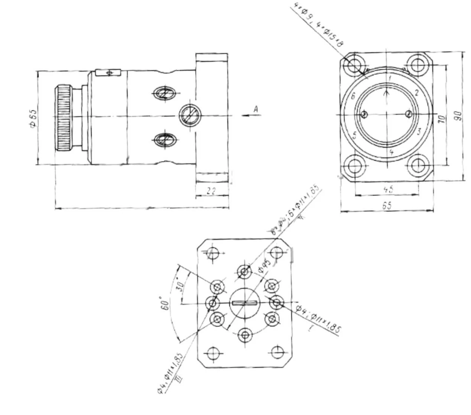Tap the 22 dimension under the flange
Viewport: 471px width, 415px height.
pyautogui.click(x=211, y=191)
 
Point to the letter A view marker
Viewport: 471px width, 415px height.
pyautogui.click(x=256, y=109)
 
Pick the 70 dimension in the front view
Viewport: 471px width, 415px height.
pyautogui.click(x=442, y=120)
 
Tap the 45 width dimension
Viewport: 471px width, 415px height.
pyautogui.click(x=388, y=189)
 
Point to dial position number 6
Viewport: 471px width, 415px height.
pyautogui.click(x=353, y=96)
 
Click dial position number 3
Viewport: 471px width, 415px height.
pyautogui.click(x=419, y=131)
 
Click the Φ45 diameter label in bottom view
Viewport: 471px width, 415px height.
pyautogui.click(x=265, y=265)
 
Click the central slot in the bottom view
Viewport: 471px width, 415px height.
pyautogui.click(x=245, y=303)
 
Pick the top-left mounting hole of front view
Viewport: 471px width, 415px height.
pyautogui.click(x=355, y=65)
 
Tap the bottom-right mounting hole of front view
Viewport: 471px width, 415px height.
pyautogui.click(x=419, y=166)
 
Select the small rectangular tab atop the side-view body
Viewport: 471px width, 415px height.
pyautogui.click(x=108, y=72)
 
